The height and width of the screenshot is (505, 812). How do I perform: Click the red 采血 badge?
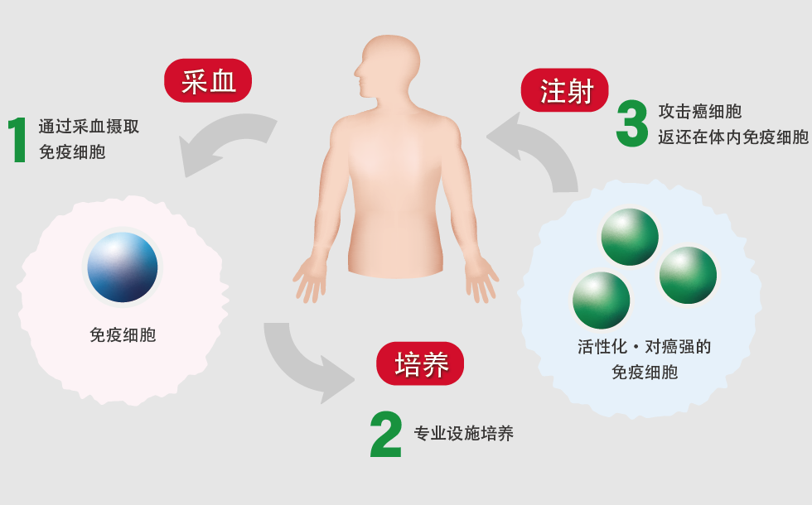207,81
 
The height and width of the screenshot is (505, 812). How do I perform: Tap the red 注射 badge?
565,90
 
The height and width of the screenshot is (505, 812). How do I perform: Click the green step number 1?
18,142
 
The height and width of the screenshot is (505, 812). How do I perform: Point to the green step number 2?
386,435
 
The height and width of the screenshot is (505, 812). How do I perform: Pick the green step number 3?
632,125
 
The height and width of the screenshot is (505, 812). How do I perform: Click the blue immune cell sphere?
123,267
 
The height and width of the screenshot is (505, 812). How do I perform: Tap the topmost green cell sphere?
629,237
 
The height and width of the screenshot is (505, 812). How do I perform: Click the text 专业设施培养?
463,434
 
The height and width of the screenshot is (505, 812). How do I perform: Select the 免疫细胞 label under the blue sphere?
123,335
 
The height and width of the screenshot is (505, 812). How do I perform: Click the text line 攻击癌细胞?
699,111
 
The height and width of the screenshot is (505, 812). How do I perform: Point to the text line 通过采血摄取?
89,127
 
